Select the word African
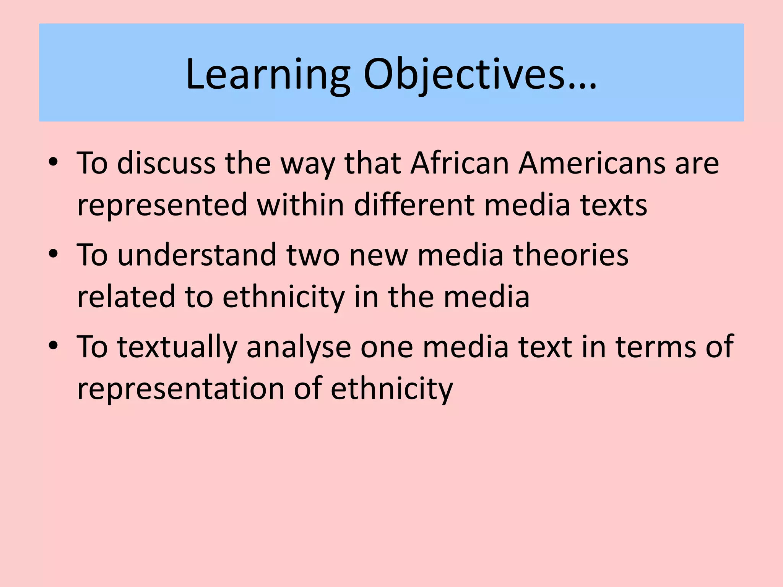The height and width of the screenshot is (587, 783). (460, 163)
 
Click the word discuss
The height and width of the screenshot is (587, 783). (166, 163)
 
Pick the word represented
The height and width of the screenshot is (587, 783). (162, 205)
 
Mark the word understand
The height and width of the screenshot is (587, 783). (197, 255)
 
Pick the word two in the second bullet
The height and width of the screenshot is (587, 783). (313, 255)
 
